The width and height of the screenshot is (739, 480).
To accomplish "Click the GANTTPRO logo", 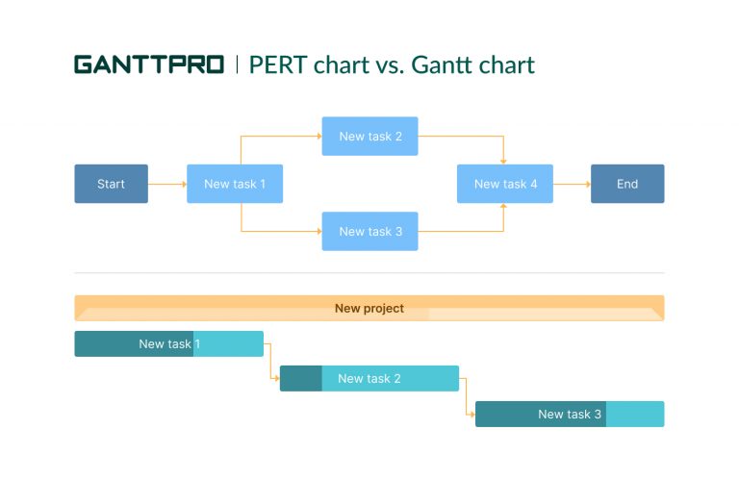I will tap(148, 64).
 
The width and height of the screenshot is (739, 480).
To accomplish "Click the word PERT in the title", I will tap(278, 64).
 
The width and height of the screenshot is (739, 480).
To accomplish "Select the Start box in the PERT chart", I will tap(112, 184).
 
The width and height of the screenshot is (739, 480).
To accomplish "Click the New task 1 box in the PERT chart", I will tap(235, 184).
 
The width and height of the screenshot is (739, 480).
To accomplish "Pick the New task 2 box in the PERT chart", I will tap(369, 137).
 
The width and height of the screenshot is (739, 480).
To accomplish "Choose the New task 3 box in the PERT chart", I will tap(369, 231).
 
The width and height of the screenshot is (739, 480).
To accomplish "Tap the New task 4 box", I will tap(504, 184).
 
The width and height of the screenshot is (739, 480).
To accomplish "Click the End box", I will tap(627, 184).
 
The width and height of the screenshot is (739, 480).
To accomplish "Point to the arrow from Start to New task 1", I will tap(167, 184).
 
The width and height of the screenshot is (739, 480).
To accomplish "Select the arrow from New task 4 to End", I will tap(572, 184).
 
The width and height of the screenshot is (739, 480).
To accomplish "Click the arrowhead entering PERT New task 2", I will tap(318, 137).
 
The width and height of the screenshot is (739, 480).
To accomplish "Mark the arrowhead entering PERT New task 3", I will tap(318, 231).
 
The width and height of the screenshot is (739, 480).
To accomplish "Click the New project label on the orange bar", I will tap(369, 309).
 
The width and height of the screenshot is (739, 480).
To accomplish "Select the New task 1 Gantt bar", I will tap(169, 343).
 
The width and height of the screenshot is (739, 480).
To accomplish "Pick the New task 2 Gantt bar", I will tap(369, 378).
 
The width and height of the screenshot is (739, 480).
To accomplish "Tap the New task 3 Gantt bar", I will tap(570, 414).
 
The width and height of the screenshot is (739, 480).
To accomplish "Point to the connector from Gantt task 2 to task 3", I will tap(467, 396).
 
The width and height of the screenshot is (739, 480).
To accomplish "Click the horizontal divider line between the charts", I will tap(369, 273).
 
